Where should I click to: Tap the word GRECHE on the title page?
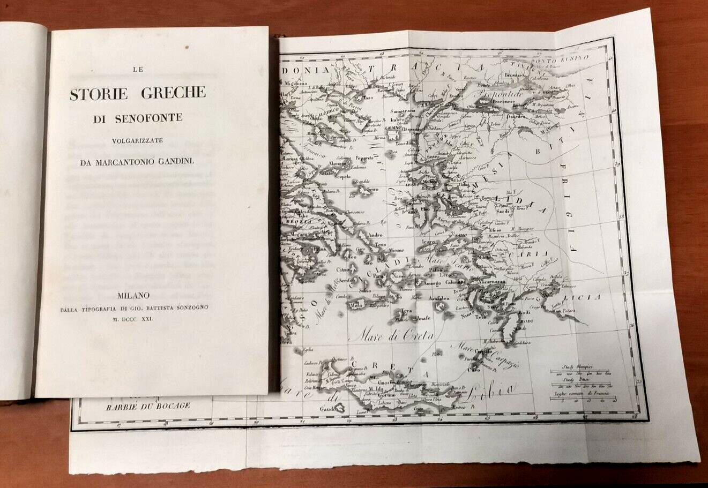click(174, 93)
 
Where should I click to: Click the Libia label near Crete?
click(489, 395)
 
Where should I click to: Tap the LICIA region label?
click(588, 297)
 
